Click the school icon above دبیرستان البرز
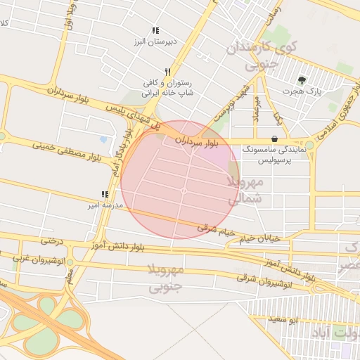[155, 31]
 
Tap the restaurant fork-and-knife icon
[167, 72]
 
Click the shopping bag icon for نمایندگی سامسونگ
[274, 139]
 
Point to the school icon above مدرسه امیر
[105, 194]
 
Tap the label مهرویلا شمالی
[245, 191]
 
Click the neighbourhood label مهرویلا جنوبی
[166, 278]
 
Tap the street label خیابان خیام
[259, 239]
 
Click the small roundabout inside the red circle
[184, 191]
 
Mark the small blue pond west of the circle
[104, 139]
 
